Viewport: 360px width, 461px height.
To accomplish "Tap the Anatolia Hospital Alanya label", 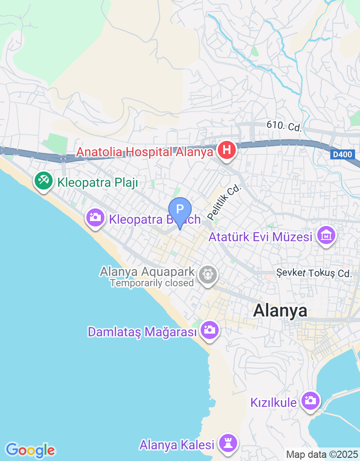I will coord(144,152).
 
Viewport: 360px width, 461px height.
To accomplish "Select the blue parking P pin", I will coord(180,210).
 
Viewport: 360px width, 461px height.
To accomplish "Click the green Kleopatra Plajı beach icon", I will coord(43,181).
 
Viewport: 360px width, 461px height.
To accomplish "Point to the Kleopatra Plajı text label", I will coord(97,183).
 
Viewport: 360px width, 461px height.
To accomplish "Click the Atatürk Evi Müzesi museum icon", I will coord(326,235).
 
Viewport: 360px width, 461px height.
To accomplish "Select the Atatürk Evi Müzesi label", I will coord(261,236).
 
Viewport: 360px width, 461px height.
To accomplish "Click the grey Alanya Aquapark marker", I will coord(207,273).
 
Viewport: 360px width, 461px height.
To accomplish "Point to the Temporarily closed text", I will coord(152,283).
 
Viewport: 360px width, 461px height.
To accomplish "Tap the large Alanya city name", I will coord(280,310).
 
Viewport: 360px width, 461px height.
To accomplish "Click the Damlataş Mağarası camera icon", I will coord(209,330).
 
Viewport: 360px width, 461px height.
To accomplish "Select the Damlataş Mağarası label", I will coord(143,332).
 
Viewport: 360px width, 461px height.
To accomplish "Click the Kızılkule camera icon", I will coord(310,400).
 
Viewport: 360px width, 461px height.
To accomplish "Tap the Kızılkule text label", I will coord(274,402).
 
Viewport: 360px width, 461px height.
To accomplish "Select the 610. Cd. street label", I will coord(283,127).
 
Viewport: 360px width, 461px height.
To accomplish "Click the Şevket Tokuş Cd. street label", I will coord(313,273).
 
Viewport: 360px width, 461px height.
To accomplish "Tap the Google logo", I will coord(30,450).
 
